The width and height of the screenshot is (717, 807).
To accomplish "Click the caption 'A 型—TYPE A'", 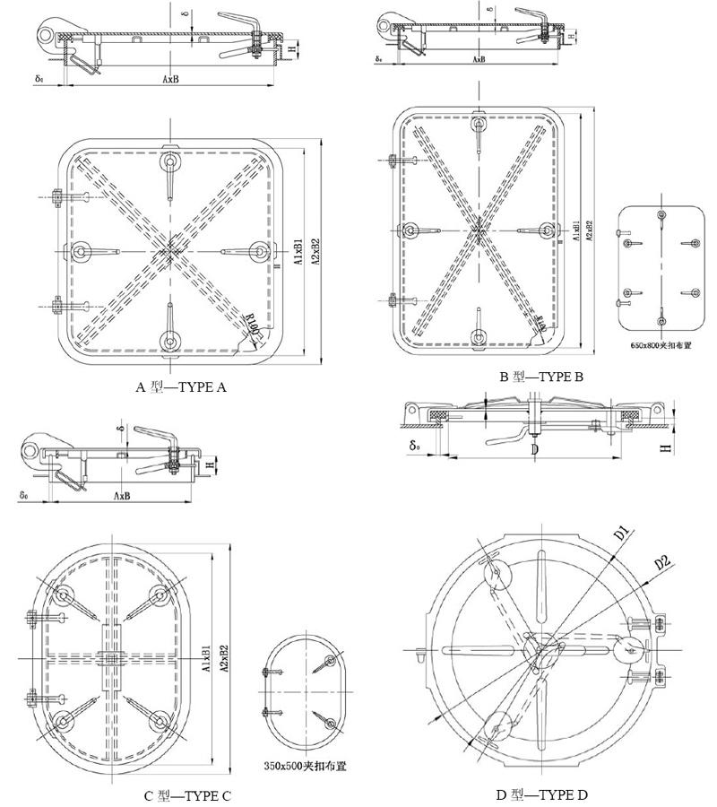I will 180,387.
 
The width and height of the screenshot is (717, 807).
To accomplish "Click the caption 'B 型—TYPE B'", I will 541,377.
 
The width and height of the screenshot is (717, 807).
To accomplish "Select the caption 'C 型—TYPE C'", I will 187,795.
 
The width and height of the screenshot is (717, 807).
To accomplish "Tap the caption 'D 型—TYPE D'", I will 541,794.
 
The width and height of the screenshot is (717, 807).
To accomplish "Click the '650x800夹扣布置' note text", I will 661,343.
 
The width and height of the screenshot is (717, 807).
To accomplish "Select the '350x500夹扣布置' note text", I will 306,766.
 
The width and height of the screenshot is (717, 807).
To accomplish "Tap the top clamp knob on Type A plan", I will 170,161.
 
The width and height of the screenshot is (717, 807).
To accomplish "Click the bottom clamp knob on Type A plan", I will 170,339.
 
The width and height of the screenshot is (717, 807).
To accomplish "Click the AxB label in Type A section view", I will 170,79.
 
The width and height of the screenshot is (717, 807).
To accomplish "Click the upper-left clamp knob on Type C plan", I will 63,594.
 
